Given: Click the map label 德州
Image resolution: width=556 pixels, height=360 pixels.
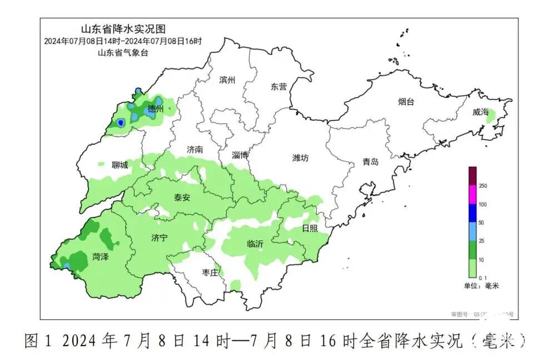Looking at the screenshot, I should [156, 110].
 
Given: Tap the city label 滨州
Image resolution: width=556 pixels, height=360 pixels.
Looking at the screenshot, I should [227, 80].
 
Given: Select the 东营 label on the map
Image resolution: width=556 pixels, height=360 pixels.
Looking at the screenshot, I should [279, 87].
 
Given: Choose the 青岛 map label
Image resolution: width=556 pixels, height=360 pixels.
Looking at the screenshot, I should [370, 162].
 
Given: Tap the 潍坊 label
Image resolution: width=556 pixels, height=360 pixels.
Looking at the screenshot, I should [300, 158].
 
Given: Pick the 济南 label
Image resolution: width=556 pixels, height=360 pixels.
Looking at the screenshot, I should [195, 150].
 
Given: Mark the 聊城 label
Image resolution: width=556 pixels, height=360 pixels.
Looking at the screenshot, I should [120, 165].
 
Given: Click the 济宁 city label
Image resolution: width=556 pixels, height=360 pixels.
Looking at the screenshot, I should [159, 238].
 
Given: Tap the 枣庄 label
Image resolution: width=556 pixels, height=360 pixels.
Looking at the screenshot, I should [210, 273].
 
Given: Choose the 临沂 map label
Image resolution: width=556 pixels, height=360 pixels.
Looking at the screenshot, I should [255, 244].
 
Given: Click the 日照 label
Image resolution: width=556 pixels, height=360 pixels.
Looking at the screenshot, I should [310, 229].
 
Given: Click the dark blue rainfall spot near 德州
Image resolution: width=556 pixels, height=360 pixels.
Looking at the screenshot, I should [120, 123].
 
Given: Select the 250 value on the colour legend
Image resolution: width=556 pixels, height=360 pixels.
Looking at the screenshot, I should [483, 186].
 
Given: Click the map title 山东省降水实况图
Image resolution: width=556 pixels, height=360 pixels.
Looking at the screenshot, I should [123, 29].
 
